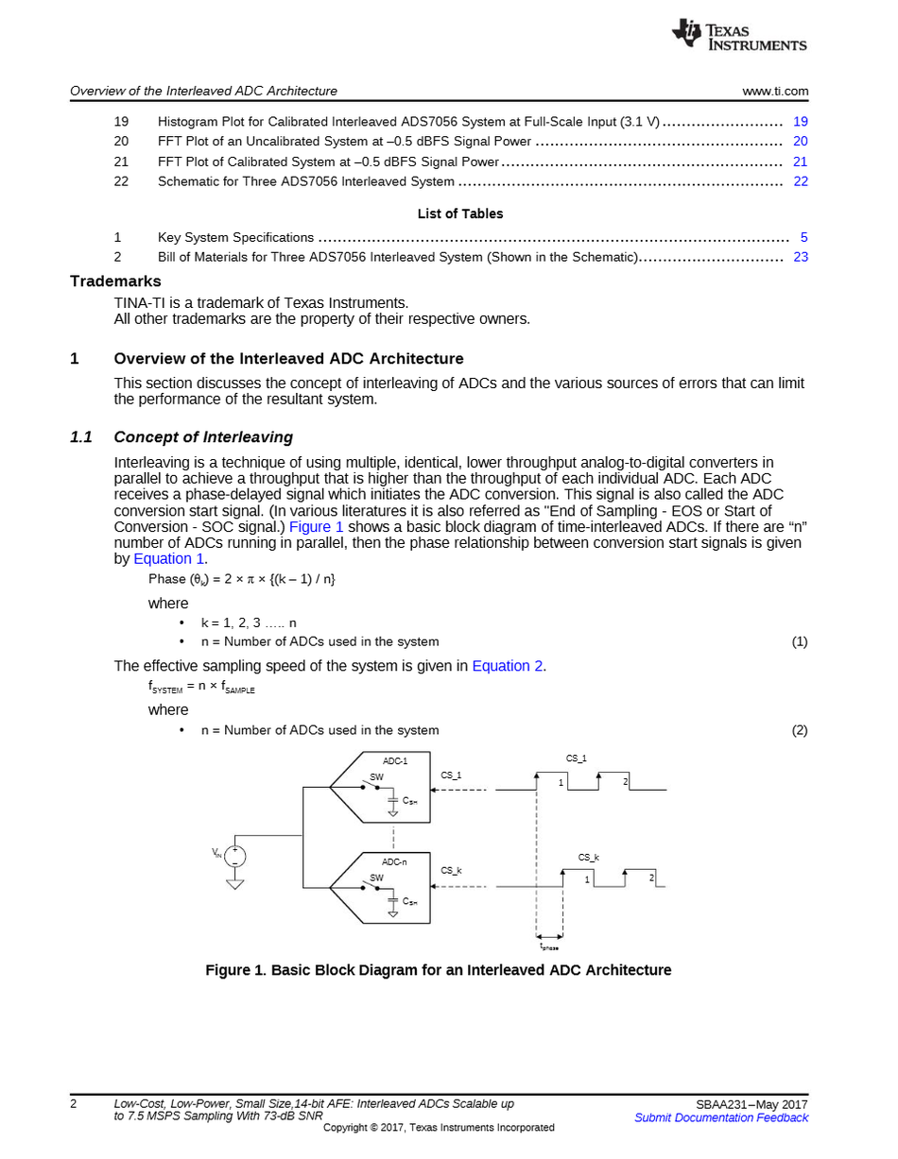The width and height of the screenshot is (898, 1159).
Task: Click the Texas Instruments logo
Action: tap(739, 35)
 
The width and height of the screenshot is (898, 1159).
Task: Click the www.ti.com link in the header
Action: tap(775, 92)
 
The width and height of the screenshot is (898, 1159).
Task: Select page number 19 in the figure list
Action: tap(801, 122)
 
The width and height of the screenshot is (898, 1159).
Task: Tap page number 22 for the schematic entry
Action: tap(801, 181)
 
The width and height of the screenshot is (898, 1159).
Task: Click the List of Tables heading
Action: tap(460, 214)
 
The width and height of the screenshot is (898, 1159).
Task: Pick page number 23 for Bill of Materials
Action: tap(801, 257)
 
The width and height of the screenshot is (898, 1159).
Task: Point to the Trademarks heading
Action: tap(115, 281)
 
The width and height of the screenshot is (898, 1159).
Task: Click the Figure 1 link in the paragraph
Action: tap(316, 527)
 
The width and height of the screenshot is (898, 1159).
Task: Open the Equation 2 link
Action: tap(507, 666)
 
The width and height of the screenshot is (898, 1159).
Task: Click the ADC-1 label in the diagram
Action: tap(395, 761)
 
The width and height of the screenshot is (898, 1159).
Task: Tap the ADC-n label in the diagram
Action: tap(394, 862)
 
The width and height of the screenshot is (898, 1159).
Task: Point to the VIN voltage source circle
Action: tap(234, 856)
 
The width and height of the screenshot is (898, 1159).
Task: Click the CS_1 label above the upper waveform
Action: tap(577, 758)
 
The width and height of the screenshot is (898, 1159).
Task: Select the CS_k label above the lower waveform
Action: tap(589, 858)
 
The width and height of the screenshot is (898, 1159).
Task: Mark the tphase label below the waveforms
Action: tap(549, 946)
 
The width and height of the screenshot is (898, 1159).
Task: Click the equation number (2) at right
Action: tap(800, 730)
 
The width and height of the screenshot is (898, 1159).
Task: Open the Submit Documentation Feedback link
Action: tap(721, 1118)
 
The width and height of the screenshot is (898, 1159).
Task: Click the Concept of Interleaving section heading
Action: tap(203, 437)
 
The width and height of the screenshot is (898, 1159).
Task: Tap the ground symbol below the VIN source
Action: tap(234, 884)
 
